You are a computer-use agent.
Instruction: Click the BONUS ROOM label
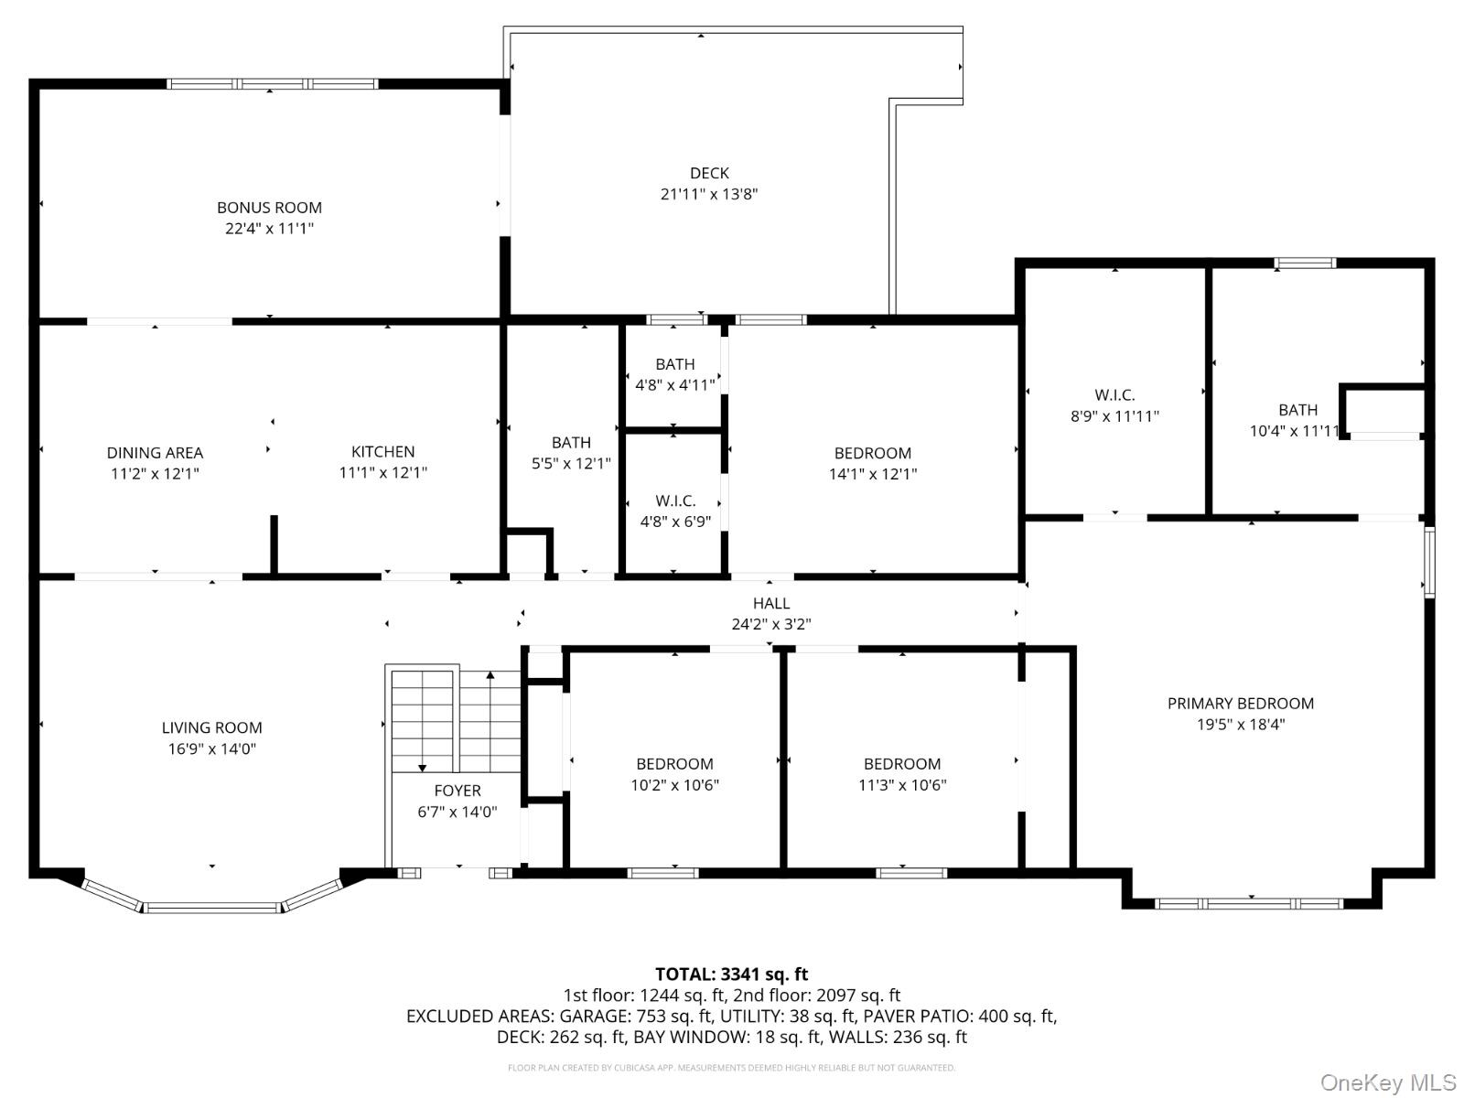[269, 208]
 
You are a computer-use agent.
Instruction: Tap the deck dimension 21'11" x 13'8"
[709, 194]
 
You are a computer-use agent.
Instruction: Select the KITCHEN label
[383, 452]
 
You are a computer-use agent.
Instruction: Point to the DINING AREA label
[155, 453]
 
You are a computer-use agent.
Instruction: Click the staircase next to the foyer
[455, 721]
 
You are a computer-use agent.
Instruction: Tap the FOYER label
[457, 791]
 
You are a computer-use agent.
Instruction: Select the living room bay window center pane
[212, 908]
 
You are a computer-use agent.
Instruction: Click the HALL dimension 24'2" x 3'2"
[770, 624]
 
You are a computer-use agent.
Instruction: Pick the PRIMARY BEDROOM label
[1240, 704]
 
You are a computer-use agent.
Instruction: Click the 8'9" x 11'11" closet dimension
[1114, 416]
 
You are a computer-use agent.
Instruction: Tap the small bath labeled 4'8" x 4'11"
[674, 375]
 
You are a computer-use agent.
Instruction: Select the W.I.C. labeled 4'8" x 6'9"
[675, 511]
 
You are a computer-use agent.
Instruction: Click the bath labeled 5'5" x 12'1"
[571, 453]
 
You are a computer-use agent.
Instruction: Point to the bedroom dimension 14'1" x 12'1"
[872, 474]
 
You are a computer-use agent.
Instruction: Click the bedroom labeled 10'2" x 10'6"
[674, 774]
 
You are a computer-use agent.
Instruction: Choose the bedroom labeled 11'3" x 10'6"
[902, 774]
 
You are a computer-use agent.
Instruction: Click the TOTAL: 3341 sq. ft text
[731, 974]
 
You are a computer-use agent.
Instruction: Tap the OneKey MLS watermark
[1387, 1083]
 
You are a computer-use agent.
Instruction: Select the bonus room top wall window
[273, 84]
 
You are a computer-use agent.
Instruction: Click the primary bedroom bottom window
[1249, 904]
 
